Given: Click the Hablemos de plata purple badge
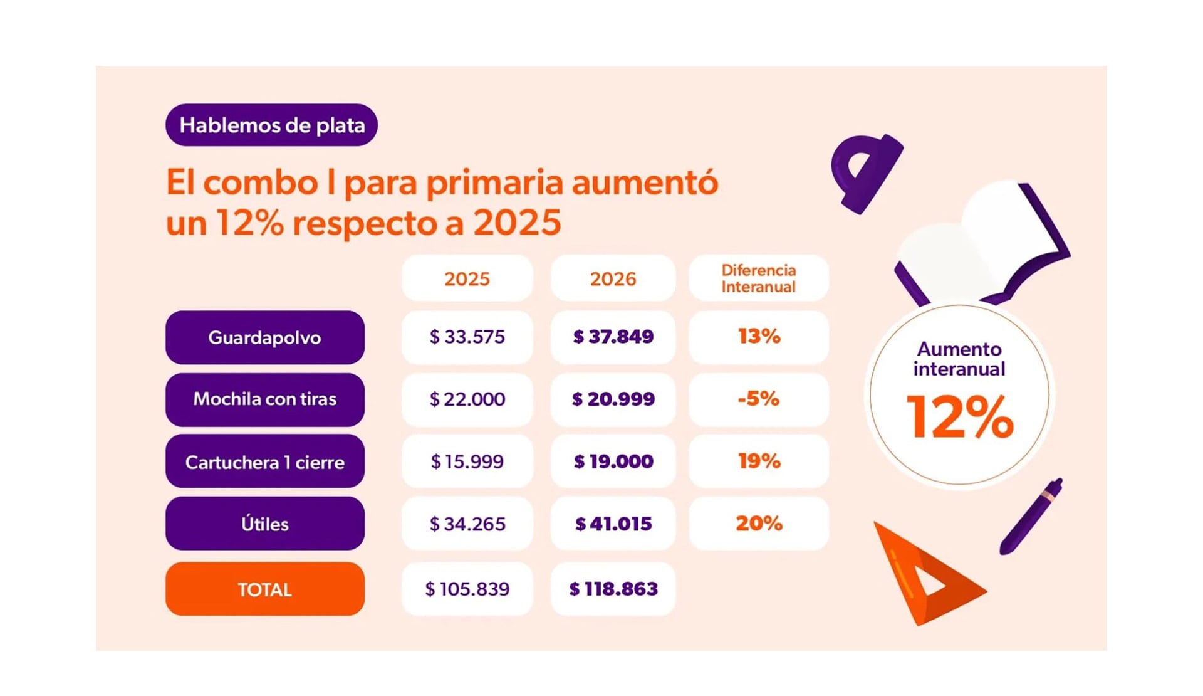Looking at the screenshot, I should click(x=271, y=125).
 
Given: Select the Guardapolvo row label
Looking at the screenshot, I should click(x=264, y=337).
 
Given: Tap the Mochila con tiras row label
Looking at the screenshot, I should click(x=264, y=399).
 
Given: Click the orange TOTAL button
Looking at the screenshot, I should click(x=264, y=589).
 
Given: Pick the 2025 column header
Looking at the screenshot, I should click(x=467, y=278).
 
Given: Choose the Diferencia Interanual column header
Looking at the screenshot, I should click(x=758, y=278).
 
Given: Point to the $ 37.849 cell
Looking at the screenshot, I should click(x=613, y=337).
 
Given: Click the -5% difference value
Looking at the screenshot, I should click(x=758, y=399).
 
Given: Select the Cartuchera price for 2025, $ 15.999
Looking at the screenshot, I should click(x=467, y=461).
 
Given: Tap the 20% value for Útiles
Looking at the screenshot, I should click(x=758, y=524).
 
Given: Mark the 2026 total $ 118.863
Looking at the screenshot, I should click(x=613, y=589).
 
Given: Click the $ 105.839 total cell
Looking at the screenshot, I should click(x=467, y=589).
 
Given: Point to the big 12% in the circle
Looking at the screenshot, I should click(x=959, y=417).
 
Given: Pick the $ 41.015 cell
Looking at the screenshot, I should click(x=613, y=524).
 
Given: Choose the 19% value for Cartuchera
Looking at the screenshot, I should click(x=758, y=461).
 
